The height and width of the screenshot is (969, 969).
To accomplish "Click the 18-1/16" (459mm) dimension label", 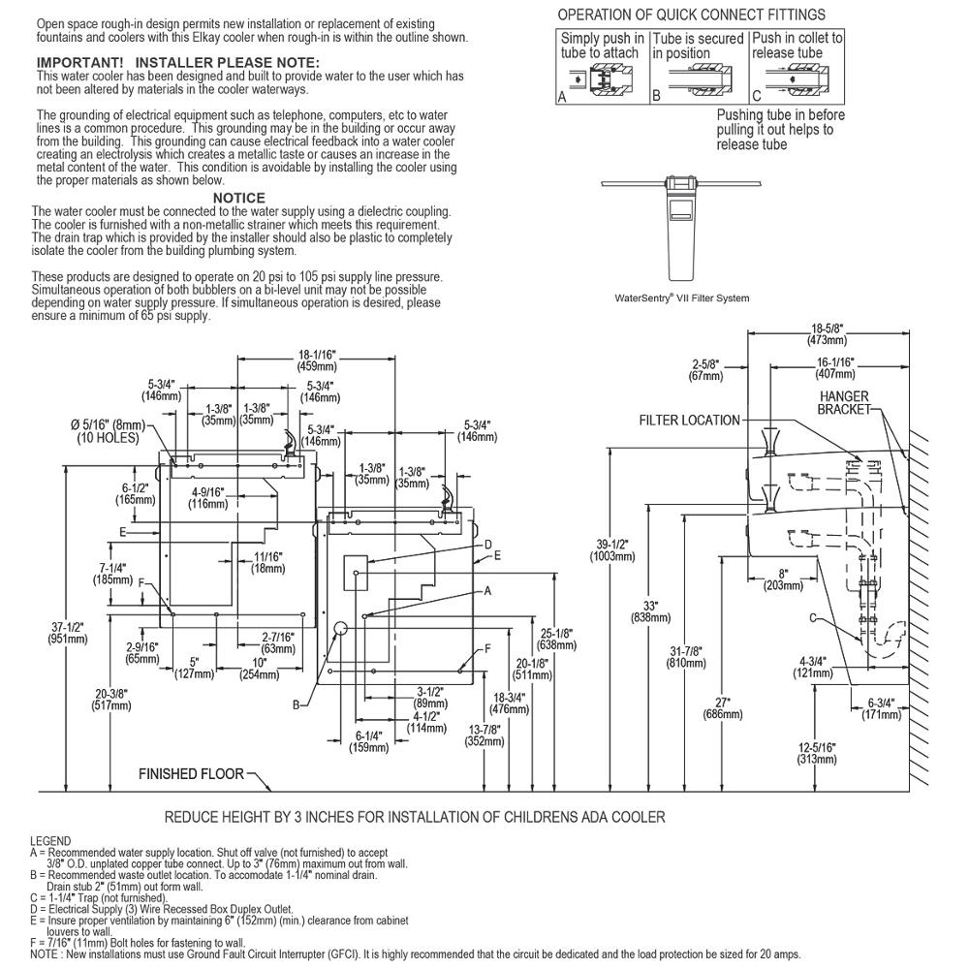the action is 317,360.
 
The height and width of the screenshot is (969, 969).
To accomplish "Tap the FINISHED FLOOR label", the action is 191,773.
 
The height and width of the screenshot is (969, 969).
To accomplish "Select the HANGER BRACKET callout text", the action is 844,402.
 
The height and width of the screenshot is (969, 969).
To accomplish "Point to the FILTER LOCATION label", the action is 690,421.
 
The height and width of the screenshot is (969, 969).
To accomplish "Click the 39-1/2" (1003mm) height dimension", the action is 612,550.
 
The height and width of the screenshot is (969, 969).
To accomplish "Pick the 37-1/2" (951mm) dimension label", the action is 68,633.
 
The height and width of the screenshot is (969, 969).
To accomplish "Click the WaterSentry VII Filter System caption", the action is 681,297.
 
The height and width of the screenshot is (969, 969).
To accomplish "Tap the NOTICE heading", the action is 239,198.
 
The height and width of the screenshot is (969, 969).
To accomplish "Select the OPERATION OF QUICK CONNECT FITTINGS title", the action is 692,15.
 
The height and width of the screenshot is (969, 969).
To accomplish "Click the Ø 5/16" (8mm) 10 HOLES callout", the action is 109,431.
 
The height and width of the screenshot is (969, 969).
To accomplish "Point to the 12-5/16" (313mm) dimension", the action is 817,753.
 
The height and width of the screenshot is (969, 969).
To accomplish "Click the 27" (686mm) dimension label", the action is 723,708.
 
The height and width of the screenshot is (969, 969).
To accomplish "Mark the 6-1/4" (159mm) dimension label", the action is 368,741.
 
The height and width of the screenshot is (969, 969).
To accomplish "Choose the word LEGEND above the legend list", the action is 50,841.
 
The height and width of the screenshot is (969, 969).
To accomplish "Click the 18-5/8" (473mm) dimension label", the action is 827,334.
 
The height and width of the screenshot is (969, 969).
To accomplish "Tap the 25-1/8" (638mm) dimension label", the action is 557,640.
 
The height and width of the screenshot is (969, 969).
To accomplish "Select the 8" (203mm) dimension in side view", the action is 784,579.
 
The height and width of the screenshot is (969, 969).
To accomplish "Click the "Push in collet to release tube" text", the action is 797,46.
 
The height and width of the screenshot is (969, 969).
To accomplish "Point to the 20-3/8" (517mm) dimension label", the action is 111,700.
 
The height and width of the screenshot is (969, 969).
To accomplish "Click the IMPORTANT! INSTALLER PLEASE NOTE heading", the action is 178,62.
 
